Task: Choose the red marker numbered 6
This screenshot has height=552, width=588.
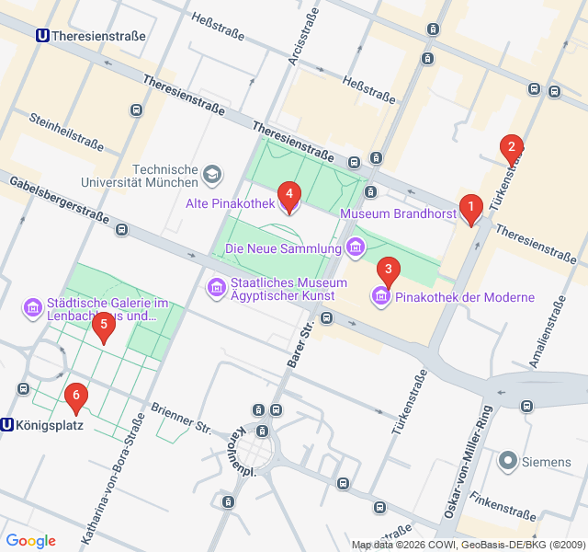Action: coord(76,397)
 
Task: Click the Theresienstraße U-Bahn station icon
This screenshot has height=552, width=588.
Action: coord(42,36)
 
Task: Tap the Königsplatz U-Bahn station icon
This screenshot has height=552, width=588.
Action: coord(7,425)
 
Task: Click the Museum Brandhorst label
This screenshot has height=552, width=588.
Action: coord(398,213)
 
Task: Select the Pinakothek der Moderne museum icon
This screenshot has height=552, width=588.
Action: coord(380,296)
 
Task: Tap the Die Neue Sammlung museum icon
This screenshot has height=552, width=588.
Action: coord(356,247)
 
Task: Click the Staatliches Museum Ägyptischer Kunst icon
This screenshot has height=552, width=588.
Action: coord(217,289)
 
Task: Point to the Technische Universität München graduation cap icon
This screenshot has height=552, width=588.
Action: coord(213,173)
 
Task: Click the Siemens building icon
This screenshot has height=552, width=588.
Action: coord(507,461)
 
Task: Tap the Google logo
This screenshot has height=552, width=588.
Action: coord(30,540)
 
